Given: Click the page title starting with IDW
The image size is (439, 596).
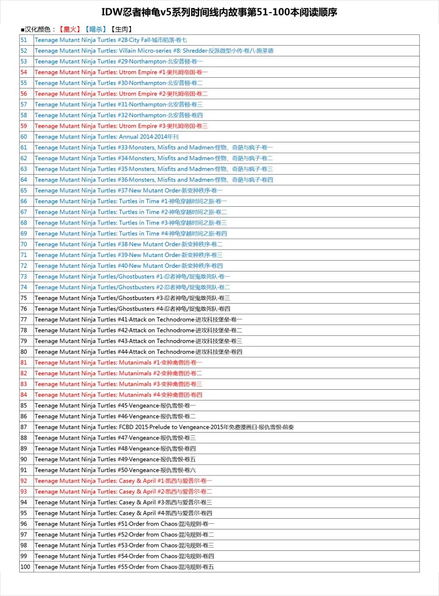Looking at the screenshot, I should [x=219, y=13].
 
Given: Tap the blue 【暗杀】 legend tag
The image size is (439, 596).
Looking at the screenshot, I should [x=95, y=29].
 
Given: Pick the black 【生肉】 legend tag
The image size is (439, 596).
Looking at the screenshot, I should [x=121, y=29].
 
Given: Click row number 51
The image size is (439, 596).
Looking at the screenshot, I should [x=24, y=40].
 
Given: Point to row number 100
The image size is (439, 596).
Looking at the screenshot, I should [x=25, y=567].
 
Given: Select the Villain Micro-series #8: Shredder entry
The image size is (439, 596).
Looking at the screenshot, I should [x=154, y=51].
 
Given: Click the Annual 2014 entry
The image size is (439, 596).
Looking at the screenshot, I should [x=106, y=137].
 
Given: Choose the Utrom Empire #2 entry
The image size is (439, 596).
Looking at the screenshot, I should [x=121, y=94].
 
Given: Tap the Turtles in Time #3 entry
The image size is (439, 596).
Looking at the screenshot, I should [x=131, y=223].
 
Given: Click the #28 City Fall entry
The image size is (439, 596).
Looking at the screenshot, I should [x=111, y=40].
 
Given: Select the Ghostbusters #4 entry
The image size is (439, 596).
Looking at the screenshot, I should [x=132, y=309].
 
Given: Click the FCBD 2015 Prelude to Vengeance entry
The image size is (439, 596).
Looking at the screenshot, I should [x=164, y=427].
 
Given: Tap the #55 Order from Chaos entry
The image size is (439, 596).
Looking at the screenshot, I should [x=124, y=567].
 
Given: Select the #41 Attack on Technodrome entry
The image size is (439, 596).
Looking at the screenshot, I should [x=138, y=319].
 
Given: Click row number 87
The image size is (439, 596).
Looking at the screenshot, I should [x=24, y=427].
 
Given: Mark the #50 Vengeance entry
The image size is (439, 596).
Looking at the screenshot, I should [x=118, y=470].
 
